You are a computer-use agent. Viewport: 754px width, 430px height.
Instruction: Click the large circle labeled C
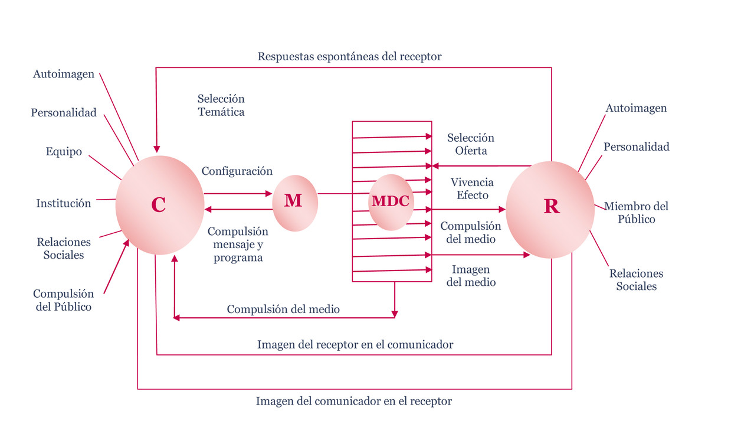tap(158, 204)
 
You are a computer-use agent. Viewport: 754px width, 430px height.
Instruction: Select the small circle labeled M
tap(294, 202)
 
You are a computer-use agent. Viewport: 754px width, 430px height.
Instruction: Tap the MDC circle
tap(390, 201)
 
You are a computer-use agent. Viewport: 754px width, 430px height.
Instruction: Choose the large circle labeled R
tap(550, 207)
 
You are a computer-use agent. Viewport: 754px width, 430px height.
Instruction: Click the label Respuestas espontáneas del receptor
tap(349, 57)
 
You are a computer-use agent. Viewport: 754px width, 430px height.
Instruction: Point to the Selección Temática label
tap(221, 105)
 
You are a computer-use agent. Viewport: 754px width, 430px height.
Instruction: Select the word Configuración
tap(237, 171)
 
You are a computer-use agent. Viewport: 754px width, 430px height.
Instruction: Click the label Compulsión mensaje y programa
tap(238, 245)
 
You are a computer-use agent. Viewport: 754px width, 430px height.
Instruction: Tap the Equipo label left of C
tap(64, 152)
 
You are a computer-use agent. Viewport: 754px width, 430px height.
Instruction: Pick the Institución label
tap(64, 203)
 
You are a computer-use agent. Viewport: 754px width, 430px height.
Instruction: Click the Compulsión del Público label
tap(63, 300)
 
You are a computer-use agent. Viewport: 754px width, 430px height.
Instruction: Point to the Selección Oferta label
tap(470, 144)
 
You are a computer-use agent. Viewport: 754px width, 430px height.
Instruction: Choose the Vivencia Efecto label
tap(472, 188)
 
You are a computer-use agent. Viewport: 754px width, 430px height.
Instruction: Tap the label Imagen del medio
tap(471, 276)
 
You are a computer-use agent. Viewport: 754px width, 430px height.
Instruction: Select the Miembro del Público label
tap(636, 213)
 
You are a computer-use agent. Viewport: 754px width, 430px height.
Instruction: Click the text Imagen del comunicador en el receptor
tap(353, 402)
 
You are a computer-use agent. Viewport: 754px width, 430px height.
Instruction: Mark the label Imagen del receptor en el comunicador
tap(355, 344)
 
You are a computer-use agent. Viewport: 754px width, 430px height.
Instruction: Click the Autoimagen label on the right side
tap(636, 108)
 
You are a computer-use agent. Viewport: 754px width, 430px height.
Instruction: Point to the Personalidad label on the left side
tap(64, 112)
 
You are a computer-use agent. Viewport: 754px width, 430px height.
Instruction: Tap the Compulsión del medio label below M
tap(283, 309)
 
